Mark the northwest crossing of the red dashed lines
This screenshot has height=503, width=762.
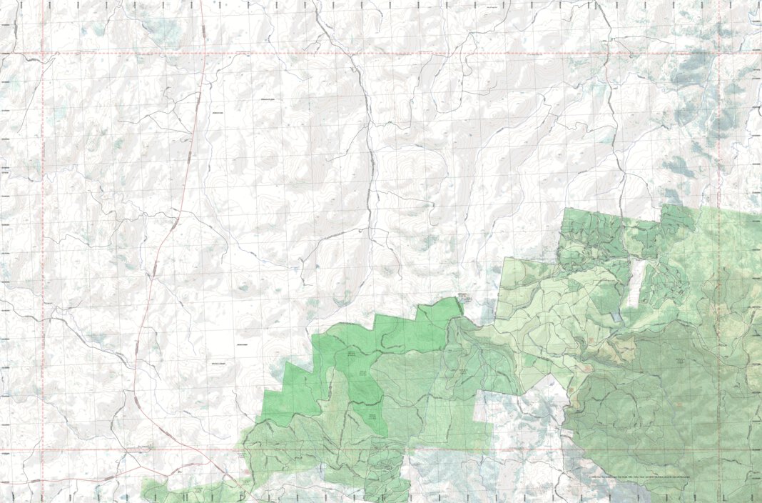pyautogui.click(x=42, y=54)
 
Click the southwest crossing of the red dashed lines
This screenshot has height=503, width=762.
pyautogui.click(x=42, y=450)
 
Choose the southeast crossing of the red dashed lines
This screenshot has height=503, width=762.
pyautogui.click(x=718, y=450)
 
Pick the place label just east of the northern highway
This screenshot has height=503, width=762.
pyautogui.click(x=216, y=113)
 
